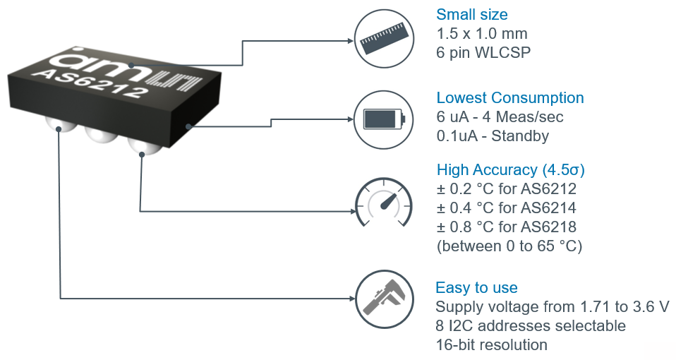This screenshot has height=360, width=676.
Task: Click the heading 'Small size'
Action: pyautogui.click(x=471, y=15)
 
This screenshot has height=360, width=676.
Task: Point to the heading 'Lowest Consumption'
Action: pyautogui.click(x=509, y=98)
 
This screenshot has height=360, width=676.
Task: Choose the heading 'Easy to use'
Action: pyautogui.click(x=476, y=288)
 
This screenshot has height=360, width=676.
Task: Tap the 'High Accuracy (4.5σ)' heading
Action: pyautogui.click(x=511, y=170)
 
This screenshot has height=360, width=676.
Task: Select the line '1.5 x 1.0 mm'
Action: pyautogui.click(x=482, y=34)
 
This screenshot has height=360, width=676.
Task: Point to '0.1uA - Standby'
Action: pyautogui.click(x=492, y=136)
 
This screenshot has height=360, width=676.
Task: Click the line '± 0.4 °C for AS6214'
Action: pyautogui.click(x=507, y=208)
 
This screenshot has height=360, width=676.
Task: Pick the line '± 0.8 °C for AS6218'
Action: pyautogui.click(x=507, y=227)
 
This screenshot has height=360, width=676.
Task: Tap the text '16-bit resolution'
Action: pyautogui.click(x=491, y=345)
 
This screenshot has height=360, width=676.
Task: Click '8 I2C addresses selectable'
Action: pyautogui.click(x=530, y=326)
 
